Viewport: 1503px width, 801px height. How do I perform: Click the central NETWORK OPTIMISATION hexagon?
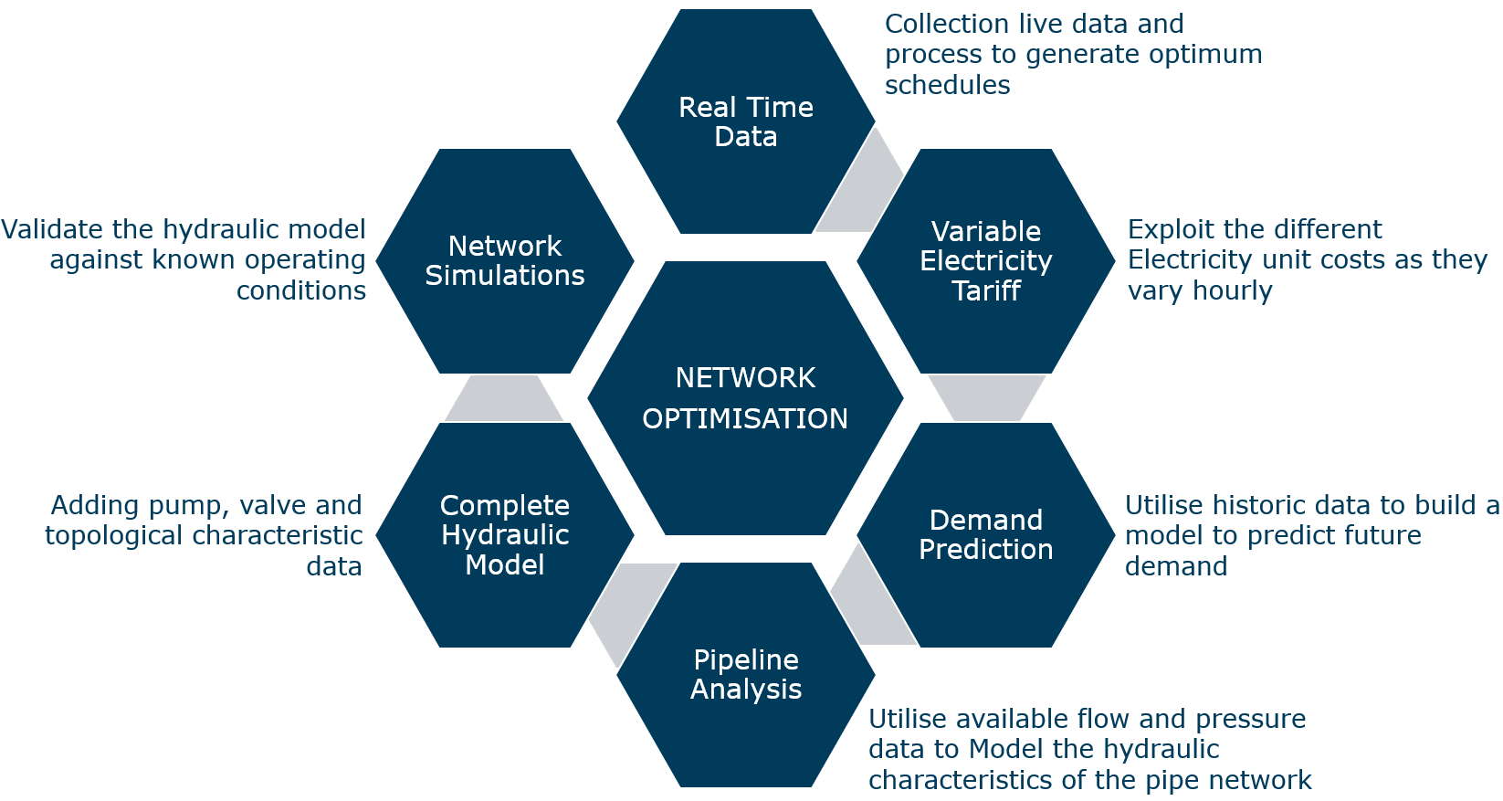click(745, 398)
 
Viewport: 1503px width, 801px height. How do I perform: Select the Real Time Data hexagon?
click(745, 121)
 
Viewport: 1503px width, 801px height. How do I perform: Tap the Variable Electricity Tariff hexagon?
click(985, 260)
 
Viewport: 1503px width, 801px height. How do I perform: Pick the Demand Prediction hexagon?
click(985, 534)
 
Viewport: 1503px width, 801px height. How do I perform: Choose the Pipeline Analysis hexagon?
click(745, 674)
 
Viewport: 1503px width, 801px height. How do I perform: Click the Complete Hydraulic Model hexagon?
click(505, 534)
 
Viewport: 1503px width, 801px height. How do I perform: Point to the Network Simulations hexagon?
click(505, 260)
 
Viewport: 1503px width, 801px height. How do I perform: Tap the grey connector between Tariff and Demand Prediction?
click(986, 397)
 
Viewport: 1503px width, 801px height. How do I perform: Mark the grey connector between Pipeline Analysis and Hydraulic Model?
click(631, 606)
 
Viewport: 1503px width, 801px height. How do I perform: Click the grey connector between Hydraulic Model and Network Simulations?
click(504, 398)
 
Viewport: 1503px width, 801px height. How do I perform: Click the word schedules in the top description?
click(947, 85)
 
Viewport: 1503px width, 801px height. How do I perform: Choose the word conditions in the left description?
click(301, 290)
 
